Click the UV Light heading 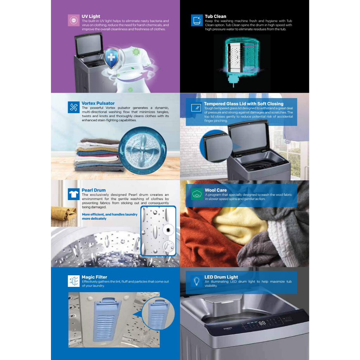tap(91, 16)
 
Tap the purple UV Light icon tap(74, 20)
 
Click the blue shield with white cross tap(111, 58)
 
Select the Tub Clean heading tap(216, 16)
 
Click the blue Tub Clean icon tap(197, 20)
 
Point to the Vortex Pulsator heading tap(98, 103)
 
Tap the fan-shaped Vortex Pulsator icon tap(74, 107)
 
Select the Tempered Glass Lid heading tap(244, 104)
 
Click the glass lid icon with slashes tap(196, 108)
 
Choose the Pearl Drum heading tap(94, 190)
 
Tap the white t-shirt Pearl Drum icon tap(74, 194)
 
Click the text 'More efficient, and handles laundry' tap(110, 214)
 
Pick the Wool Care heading tap(216, 190)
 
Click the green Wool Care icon tap(197, 194)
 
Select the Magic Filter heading tap(94, 277)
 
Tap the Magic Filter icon tap(74, 281)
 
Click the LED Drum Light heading tap(221, 277)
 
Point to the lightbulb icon tap(197, 281)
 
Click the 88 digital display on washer tap(262, 323)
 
